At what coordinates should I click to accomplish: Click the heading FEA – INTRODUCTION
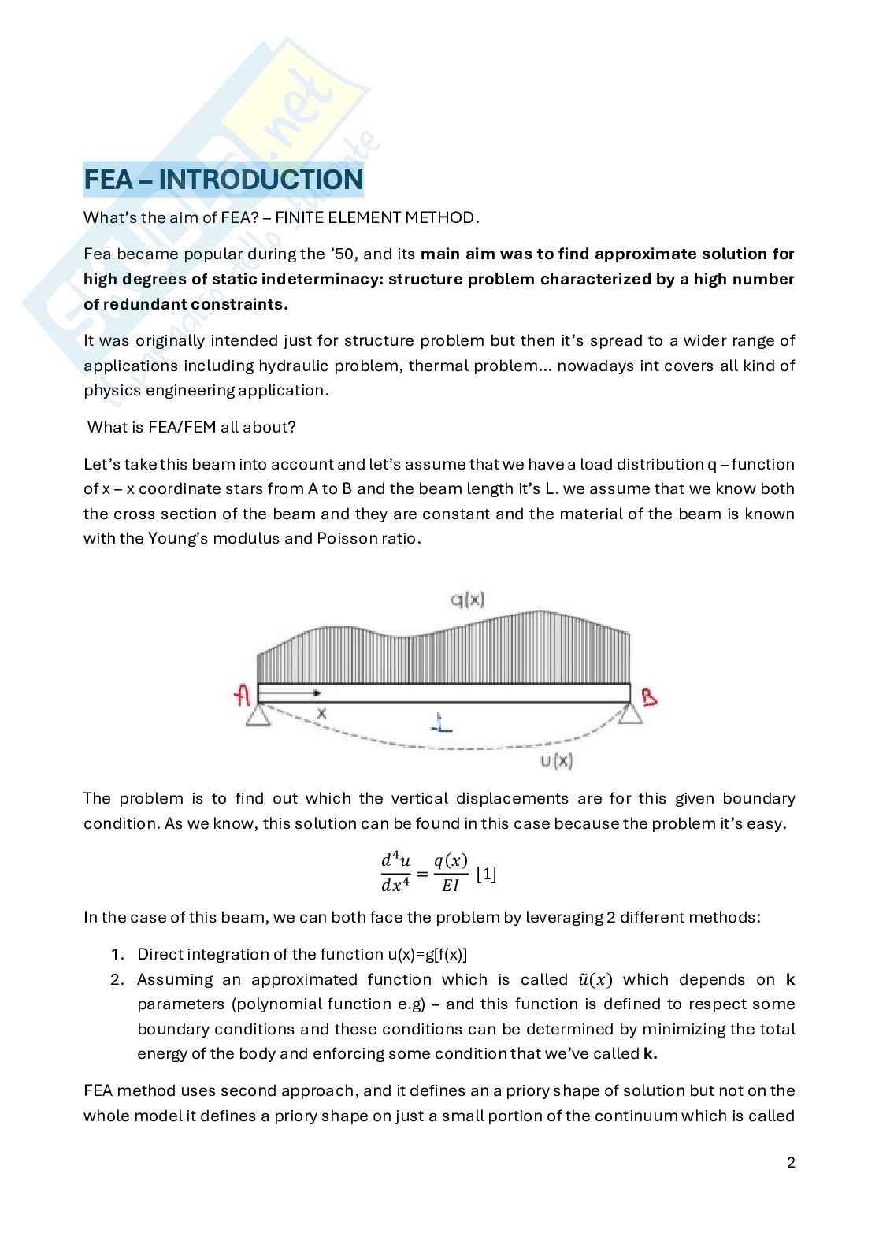(223, 180)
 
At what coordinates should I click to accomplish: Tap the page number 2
(791, 1163)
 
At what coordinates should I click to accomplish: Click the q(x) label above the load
(467, 600)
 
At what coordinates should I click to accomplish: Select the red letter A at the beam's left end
(243, 695)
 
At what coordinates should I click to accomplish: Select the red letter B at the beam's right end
(649, 696)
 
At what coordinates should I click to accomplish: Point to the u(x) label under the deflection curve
(556, 760)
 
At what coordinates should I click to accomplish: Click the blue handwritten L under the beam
(444, 722)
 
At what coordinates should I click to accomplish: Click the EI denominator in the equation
(450, 886)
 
